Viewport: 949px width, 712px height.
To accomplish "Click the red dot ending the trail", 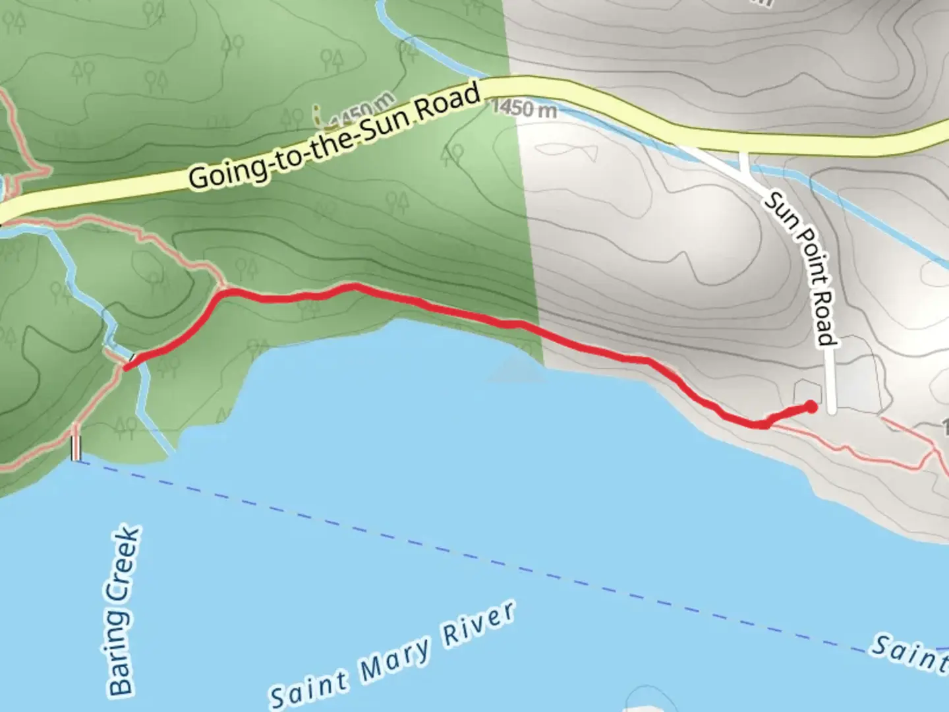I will pyautogui.click(x=811, y=407).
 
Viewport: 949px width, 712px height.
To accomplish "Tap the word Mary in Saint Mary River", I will pyautogui.click(x=395, y=660).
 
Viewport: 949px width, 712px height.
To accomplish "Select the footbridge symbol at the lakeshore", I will pyautogui.click(x=76, y=448).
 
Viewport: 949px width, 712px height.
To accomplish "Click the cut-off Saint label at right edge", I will pyautogui.click(x=909, y=653).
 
